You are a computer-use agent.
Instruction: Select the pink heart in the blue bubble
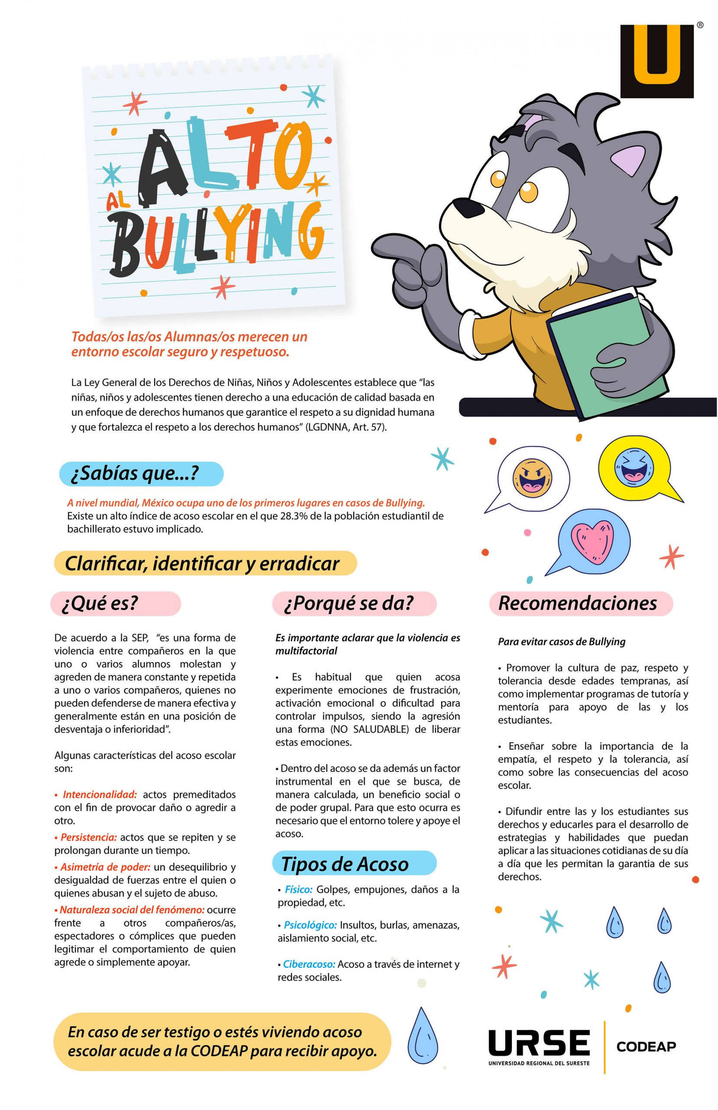592,541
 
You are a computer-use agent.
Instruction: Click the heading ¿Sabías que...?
135,474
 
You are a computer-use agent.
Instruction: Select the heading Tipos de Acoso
345,864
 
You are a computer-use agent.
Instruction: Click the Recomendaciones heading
578,603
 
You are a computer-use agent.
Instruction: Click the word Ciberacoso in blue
309,964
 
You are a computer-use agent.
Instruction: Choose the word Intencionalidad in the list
100,794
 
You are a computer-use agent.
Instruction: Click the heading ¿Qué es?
100,603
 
